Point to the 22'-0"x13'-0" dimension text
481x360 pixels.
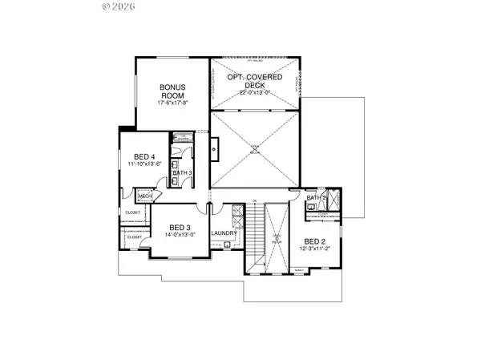(257, 93)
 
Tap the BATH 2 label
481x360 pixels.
(316, 197)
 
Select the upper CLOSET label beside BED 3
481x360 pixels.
(133, 212)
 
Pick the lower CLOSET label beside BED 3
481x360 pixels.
(134, 237)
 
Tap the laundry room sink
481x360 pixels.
(227, 245)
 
